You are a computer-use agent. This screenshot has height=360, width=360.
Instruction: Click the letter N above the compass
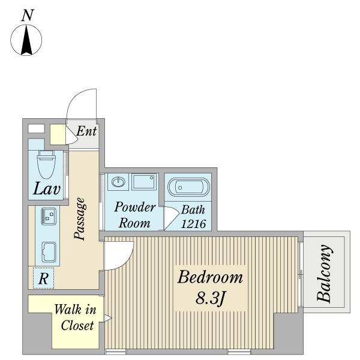pyautogui.click(x=28, y=16)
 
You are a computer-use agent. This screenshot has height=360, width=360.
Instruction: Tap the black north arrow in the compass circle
pyautogui.click(x=26, y=40)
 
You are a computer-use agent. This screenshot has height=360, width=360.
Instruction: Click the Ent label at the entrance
pyautogui.click(x=86, y=131)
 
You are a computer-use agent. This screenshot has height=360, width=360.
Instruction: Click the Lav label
pyautogui.click(x=47, y=189)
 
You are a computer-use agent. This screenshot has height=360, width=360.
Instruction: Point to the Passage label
pyautogui.click(x=80, y=219)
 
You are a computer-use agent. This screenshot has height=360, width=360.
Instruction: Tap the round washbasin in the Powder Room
pyautogui.click(x=118, y=182)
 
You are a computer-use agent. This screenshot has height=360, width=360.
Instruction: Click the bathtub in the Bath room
pyautogui.click(x=189, y=187)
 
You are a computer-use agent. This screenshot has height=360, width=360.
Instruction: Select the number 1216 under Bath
pyautogui.click(x=193, y=224)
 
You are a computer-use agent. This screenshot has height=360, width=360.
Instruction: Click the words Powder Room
pyautogui.click(x=135, y=215)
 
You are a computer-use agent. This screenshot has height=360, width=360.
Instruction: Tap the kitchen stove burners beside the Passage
pyautogui.click(x=48, y=216)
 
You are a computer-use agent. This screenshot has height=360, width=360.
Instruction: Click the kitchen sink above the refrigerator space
pyautogui.click(x=49, y=252)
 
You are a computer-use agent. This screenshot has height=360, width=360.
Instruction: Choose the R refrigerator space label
pyautogui.click(x=44, y=279)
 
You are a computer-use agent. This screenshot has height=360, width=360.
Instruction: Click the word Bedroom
pyautogui.click(x=210, y=277)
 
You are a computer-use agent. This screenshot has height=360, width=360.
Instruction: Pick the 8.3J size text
pyautogui.click(x=211, y=298)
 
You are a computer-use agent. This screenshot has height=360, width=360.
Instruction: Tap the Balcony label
pyautogui.click(x=324, y=273)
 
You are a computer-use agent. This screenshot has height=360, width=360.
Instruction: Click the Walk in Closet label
pyautogui.click(x=76, y=317)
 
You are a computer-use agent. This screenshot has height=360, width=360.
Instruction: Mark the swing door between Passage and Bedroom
pyautogui.click(x=119, y=256)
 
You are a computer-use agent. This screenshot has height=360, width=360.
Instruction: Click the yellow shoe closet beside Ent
pyautogui.click(x=58, y=134)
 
